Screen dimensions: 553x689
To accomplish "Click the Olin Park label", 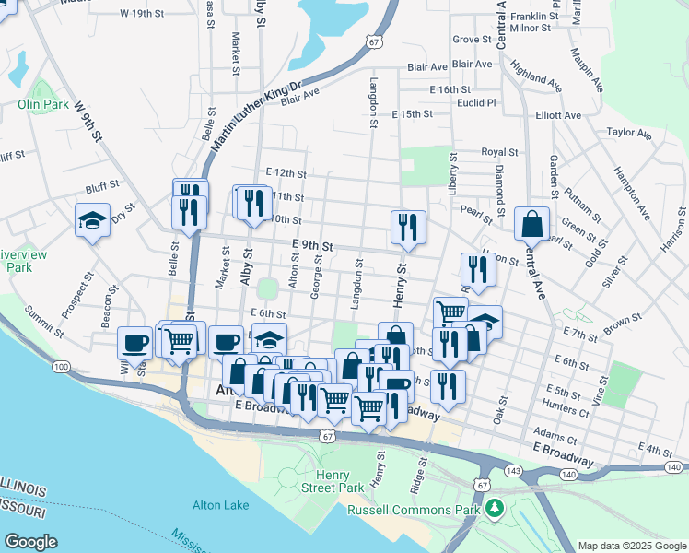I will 42,104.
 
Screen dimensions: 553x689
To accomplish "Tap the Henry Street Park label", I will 339,480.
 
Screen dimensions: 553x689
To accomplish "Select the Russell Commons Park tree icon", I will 495,508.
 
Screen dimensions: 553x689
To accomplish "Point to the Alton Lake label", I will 220,504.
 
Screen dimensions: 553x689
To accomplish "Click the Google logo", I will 31,541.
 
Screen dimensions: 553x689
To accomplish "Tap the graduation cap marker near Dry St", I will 92,220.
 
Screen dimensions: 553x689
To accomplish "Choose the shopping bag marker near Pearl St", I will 532,223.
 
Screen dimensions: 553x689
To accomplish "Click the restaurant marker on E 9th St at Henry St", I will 406,226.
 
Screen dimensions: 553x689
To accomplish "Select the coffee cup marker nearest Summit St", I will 134,343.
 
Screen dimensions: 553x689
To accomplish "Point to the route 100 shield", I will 62,367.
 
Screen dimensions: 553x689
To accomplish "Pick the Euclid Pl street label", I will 477,103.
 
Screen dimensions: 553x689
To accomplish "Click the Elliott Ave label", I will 558,115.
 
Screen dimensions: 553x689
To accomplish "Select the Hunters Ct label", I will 566,404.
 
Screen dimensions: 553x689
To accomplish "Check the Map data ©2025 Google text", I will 631,545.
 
